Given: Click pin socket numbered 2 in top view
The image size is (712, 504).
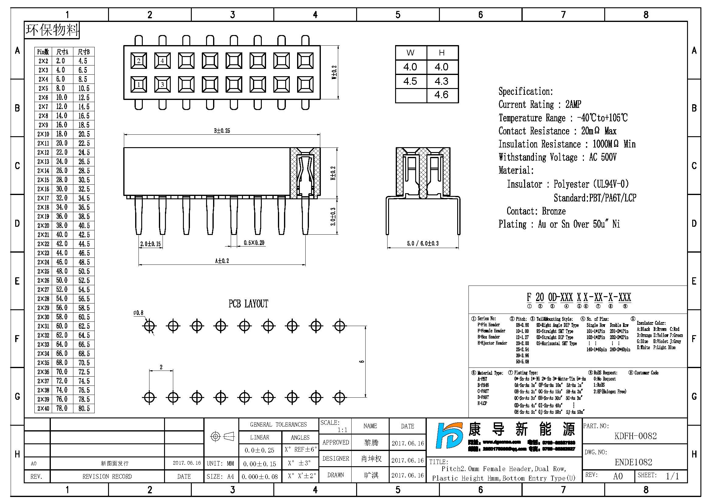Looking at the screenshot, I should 139,61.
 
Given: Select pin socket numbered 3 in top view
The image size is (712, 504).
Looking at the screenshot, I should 162,84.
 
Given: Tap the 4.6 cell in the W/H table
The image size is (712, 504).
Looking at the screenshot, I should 441,95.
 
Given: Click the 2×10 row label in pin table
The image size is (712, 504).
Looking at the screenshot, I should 43,134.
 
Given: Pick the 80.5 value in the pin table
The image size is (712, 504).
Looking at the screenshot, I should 84,408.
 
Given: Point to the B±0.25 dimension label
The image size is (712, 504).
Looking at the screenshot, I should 222,131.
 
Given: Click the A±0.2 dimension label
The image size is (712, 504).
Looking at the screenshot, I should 222,261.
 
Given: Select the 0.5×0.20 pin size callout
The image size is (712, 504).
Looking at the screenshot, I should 254,243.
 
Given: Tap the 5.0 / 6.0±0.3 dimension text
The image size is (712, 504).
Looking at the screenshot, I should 423,243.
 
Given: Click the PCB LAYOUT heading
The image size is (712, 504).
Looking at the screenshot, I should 248,304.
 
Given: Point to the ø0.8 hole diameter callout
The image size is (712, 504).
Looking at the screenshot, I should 138,313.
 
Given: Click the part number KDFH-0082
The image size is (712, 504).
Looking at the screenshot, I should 635,436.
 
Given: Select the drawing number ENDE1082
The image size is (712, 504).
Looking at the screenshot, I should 633,462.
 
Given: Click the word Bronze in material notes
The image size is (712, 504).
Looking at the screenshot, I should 553,211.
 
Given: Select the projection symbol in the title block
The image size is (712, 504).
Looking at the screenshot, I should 222,437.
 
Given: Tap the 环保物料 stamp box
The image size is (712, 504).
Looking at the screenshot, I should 52,30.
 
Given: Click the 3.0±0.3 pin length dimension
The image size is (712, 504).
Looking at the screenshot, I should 333,216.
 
